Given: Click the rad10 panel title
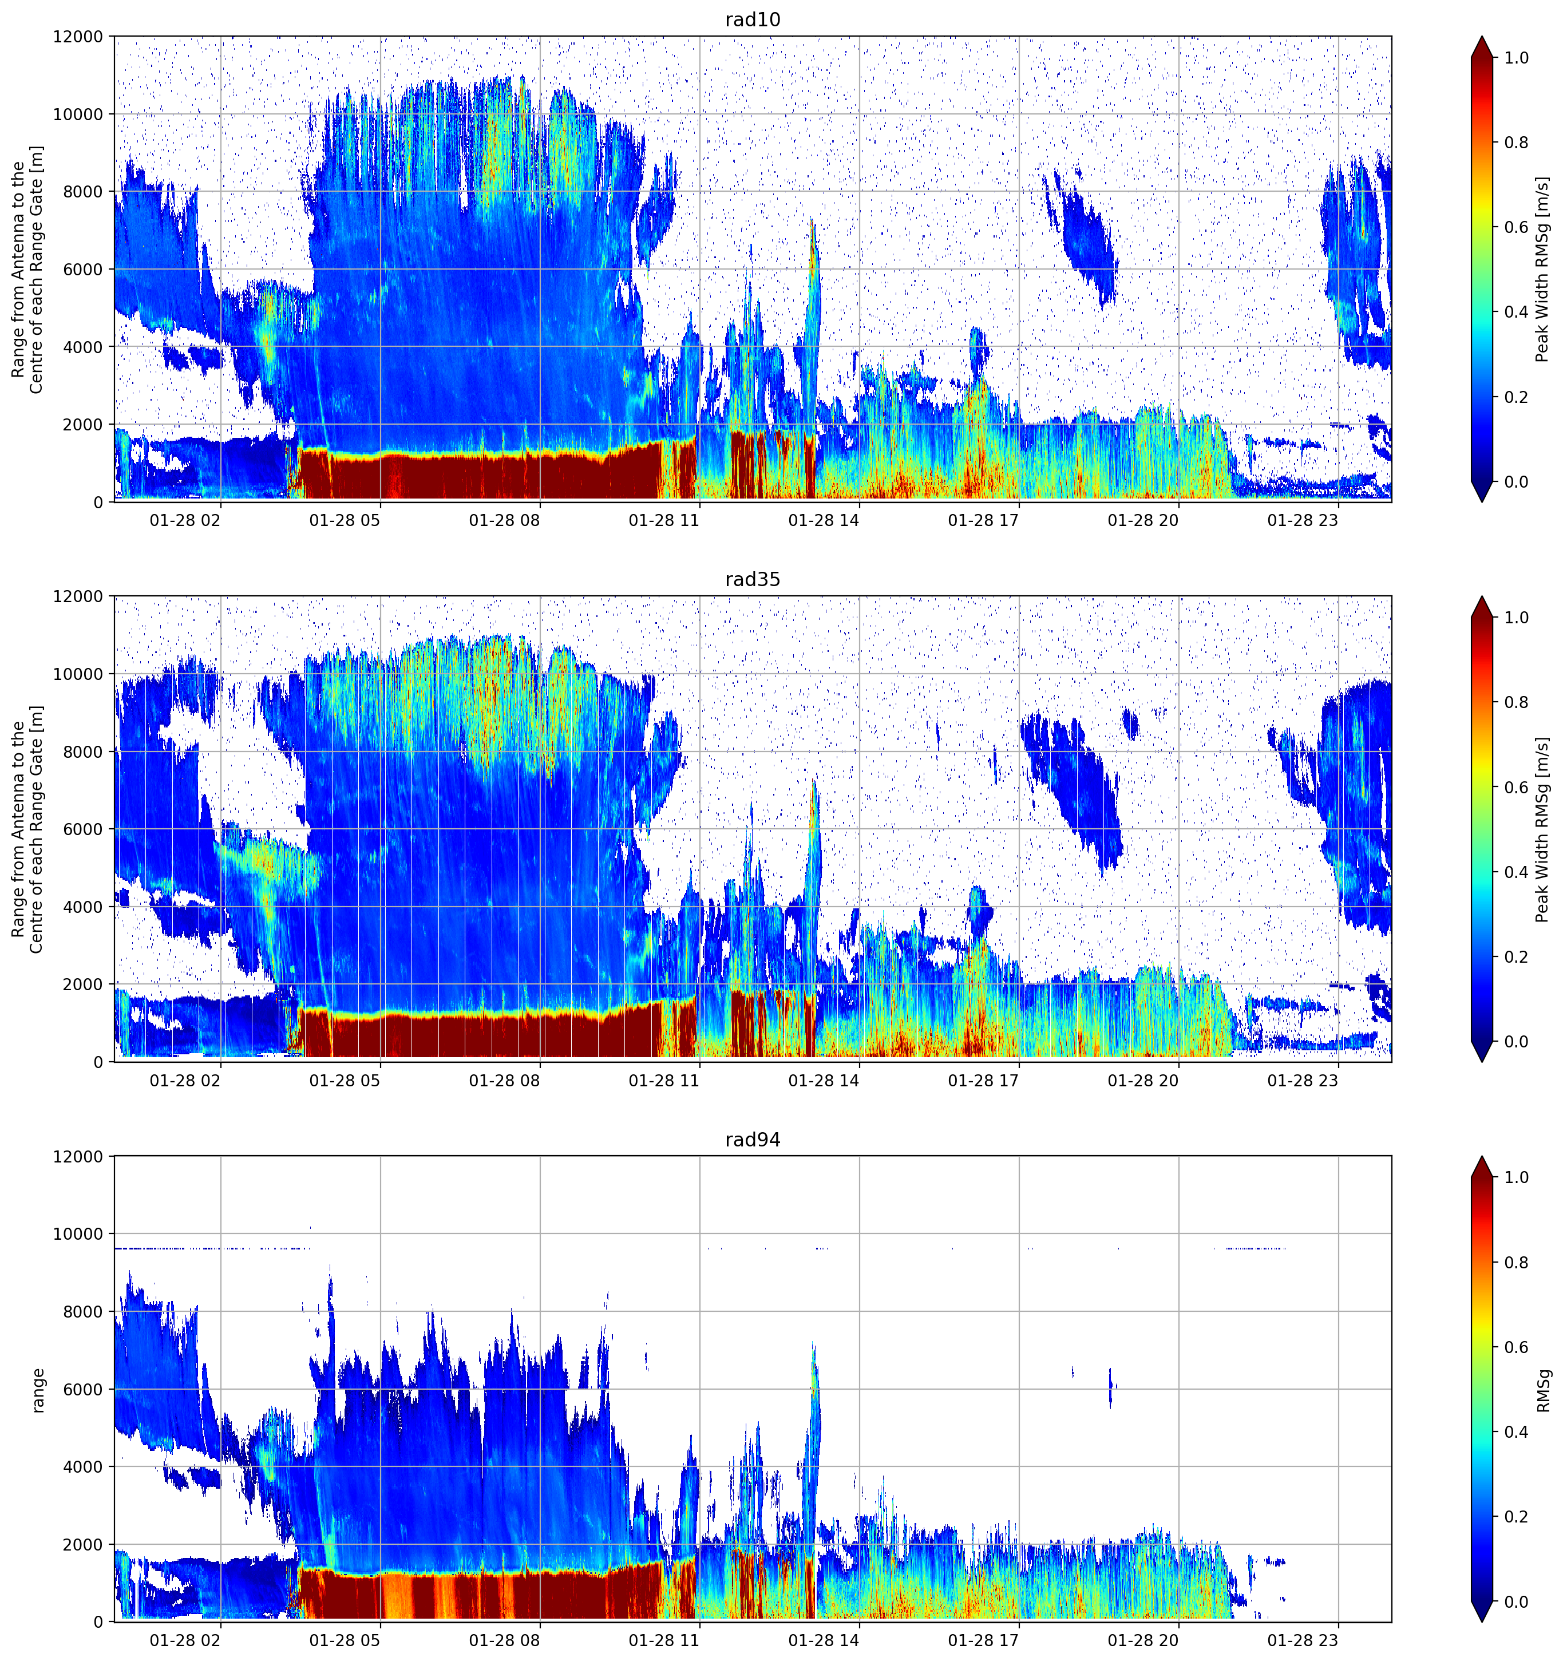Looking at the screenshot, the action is pyautogui.click(x=753, y=19).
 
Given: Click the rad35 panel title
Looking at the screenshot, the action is pyautogui.click(x=753, y=579).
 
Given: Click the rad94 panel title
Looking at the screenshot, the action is pyautogui.click(x=753, y=1139).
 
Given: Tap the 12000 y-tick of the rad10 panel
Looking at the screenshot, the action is pyautogui.click(x=78, y=37).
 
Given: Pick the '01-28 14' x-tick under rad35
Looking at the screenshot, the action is pyautogui.click(x=824, y=1080).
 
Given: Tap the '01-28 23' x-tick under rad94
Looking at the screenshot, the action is pyautogui.click(x=1303, y=1641).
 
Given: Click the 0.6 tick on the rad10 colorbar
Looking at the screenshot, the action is pyautogui.click(x=1516, y=227).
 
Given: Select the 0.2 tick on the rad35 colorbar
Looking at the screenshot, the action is pyautogui.click(x=1516, y=956).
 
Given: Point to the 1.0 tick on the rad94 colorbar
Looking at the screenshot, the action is pyautogui.click(x=1516, y=1177).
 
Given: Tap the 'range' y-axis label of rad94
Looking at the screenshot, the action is pyautogui.click(x=38, y=1390).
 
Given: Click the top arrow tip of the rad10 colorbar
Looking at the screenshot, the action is pyautogui.click(x=1481, y=37).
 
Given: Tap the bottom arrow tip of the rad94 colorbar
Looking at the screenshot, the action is pyautogui.click(x=1481, y=1622).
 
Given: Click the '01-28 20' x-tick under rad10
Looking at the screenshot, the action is pyautogui.click(x=1143, y=520).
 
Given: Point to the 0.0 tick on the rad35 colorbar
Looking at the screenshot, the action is pyautogui.click(x=1516, y=1041).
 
